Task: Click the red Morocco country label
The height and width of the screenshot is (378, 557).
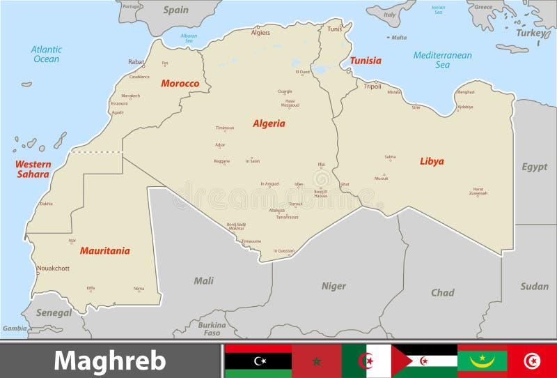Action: coord(180,84)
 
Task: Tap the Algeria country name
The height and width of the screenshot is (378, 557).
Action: coord(269,123)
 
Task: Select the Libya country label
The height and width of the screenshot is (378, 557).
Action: coord(432,161)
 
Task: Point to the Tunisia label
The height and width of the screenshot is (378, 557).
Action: coord(366,61)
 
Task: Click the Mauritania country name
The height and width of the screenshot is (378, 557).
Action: coord(104,250)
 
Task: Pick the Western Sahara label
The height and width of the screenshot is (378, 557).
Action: coord(33,169)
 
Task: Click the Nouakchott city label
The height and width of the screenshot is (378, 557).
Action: coord(53,268)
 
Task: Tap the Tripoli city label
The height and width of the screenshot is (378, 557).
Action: coord(372,86)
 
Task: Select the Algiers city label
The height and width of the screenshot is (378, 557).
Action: coord(260,33)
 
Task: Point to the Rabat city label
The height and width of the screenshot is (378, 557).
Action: coord(136,62)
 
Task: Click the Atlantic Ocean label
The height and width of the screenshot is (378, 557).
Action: coord(47,54)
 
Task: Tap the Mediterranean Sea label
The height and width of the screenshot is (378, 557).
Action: coord(442,60)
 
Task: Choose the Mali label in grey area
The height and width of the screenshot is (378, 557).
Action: coord(203,280)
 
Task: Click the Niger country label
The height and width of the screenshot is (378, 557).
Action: coord(334,286)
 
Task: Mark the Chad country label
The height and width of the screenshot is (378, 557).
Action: coord(442,293)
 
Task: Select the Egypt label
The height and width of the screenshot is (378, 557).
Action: coord(535,167)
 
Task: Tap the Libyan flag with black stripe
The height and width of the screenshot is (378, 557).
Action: coord(258,361)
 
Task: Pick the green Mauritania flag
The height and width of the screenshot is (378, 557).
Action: coord(483,361)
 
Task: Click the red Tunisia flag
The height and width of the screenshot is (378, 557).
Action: coord(532,361)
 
